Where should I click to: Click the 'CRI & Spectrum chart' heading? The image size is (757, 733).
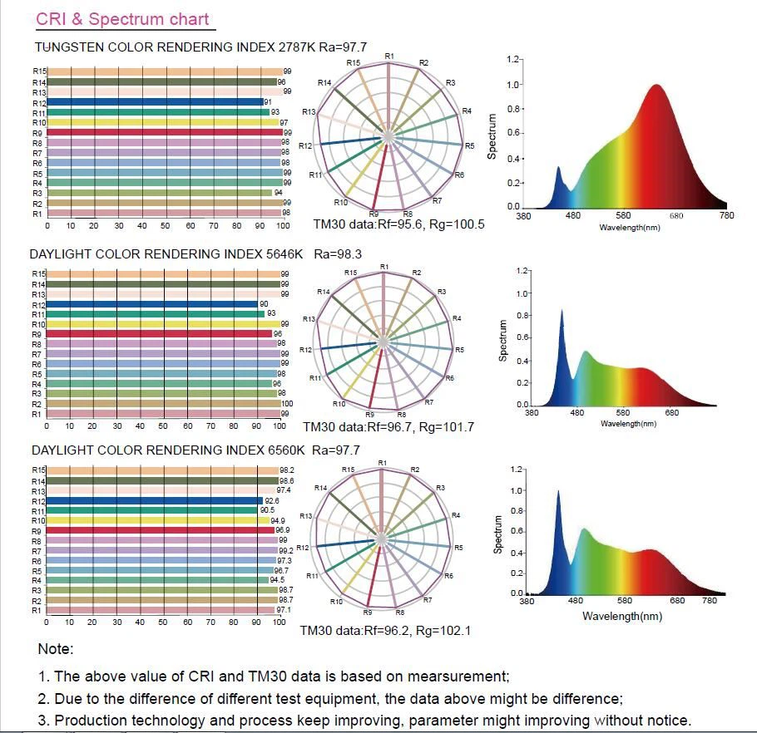[x=122, y=19]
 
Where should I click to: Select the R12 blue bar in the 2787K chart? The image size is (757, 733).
[x=154, y=102]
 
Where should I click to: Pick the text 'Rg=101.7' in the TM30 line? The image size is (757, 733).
[x=447, y=427]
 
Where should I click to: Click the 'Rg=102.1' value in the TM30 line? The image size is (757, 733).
[x=443, y=631]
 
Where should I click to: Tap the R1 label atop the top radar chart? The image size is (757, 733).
[x=389, y=56]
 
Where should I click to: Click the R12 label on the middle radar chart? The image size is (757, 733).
[x=305, y=350]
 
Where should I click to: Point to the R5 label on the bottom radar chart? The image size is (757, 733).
[x=458, y=548]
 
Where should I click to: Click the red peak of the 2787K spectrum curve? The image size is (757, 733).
[x=657, y=86]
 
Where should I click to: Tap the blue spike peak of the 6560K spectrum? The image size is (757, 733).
[x=557, y=493]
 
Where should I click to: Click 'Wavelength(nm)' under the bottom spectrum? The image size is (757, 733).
[x=622, y=616]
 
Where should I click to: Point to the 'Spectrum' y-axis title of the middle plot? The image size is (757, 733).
[x=503, y=341]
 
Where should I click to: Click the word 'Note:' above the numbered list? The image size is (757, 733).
[x=56, y=649]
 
